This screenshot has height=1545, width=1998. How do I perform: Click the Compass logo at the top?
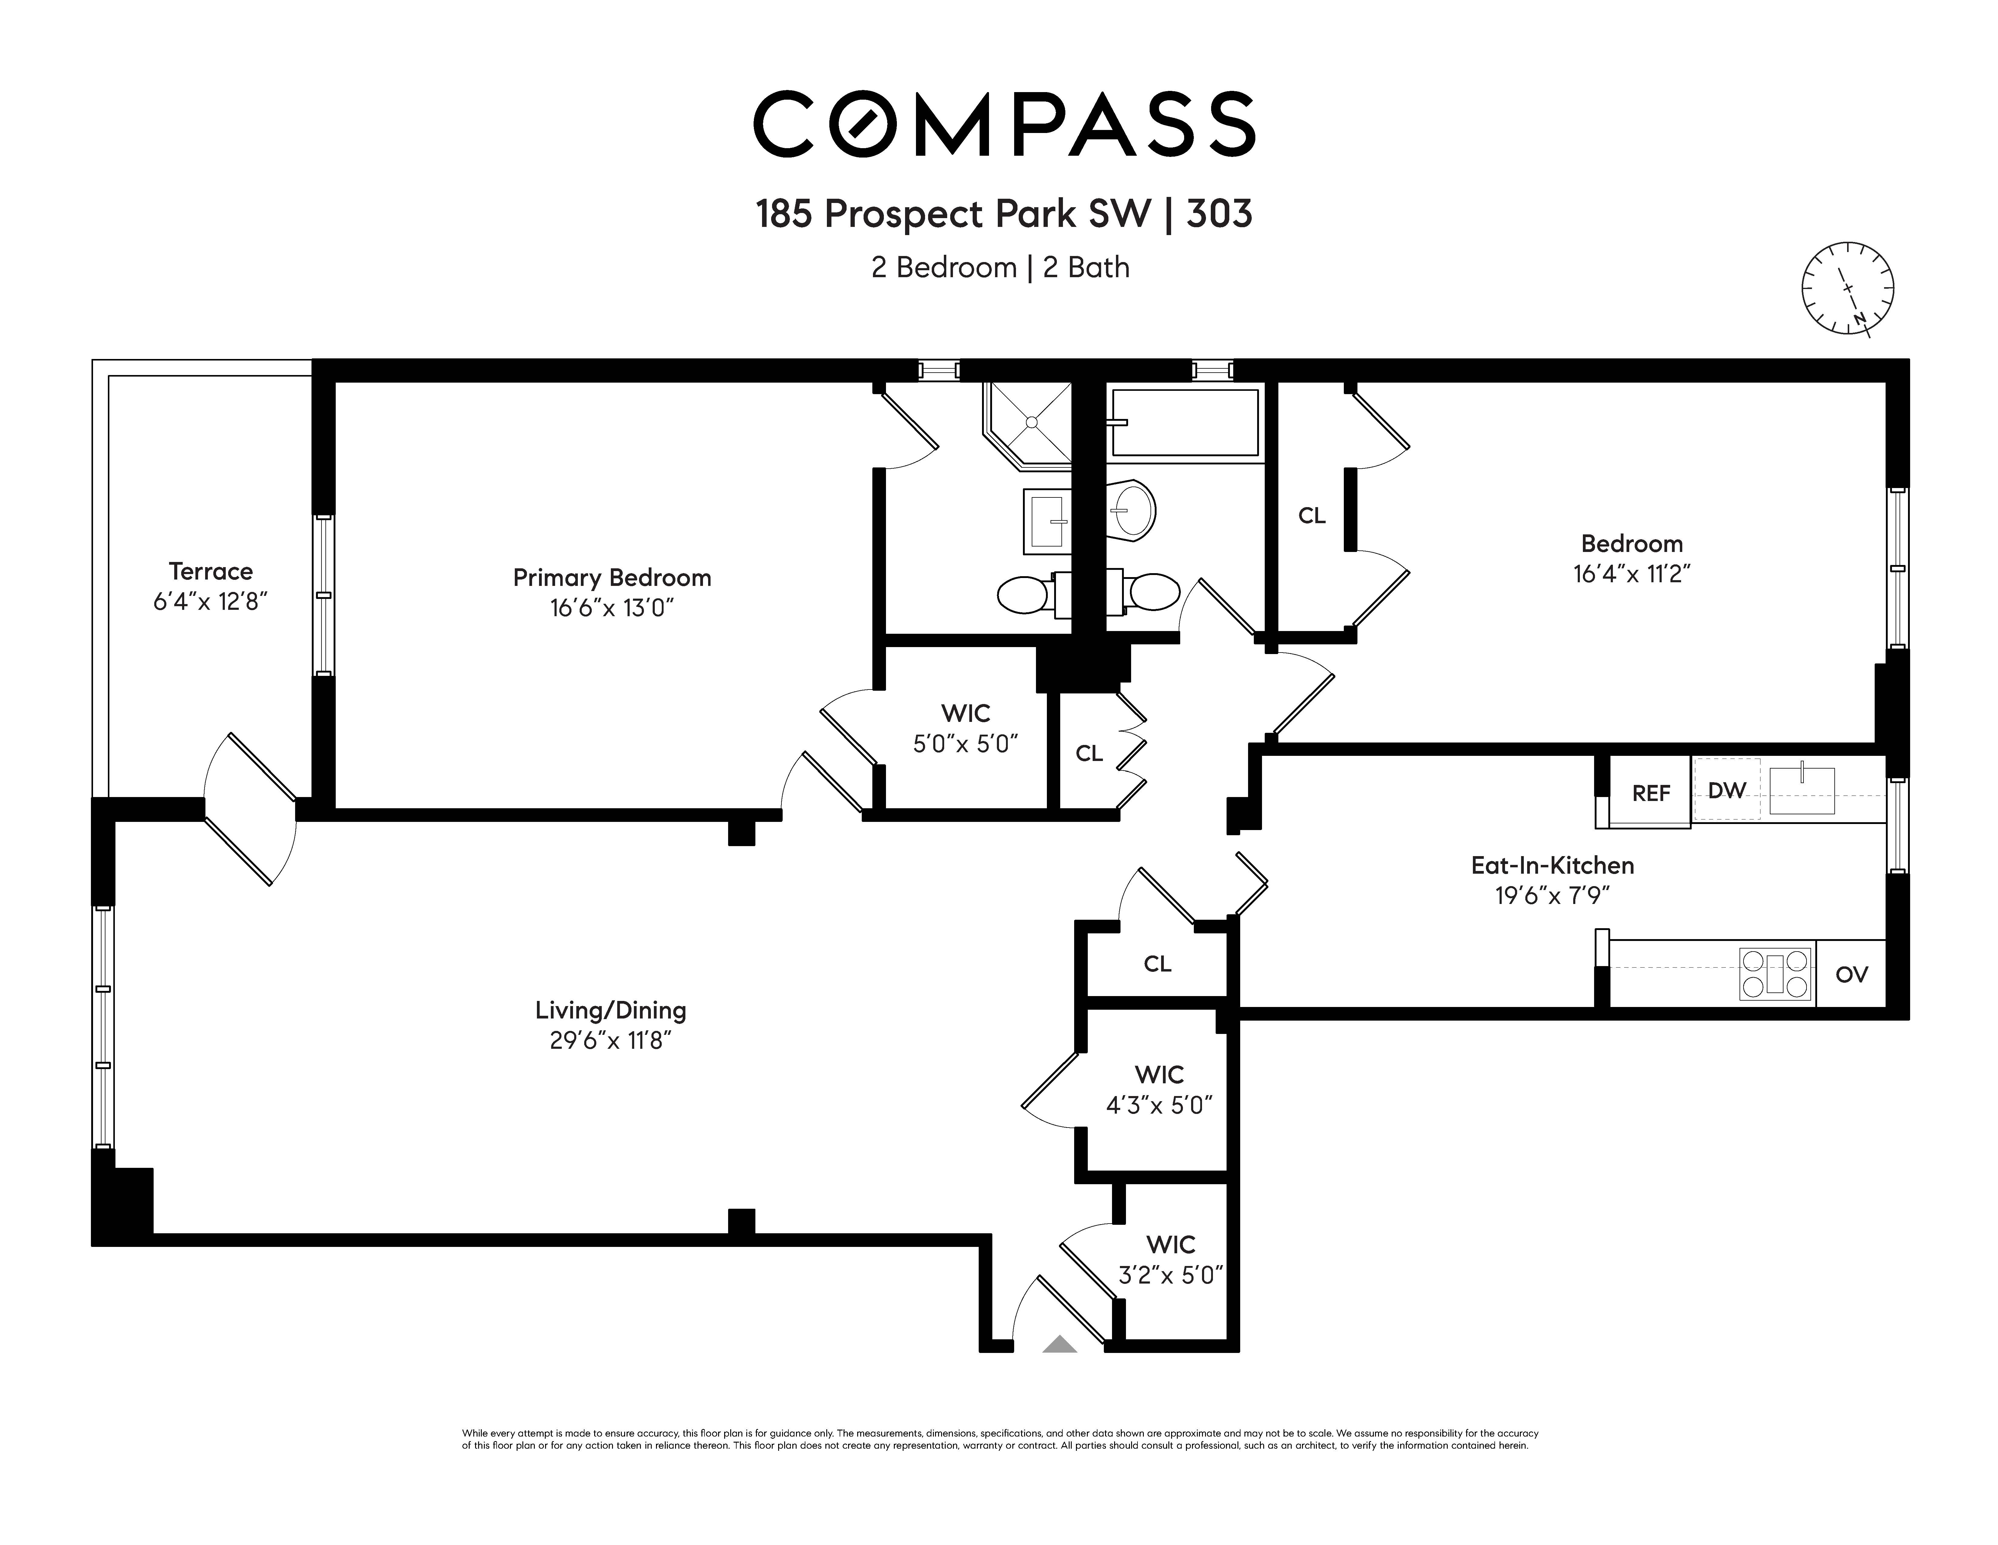(x=1004, y=124)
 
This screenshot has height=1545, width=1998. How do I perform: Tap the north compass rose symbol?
(x=1847, y=288)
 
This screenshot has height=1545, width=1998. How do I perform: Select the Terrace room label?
(x=210, y=572)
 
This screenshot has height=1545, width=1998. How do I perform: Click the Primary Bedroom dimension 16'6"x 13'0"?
(x=612, y=607)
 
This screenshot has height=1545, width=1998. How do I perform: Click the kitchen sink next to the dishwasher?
(x=1801, y=789)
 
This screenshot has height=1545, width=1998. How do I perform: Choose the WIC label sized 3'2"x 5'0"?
(x=1171, y=1260)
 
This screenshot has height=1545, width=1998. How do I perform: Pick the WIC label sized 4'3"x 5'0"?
(x=1159, y=1089)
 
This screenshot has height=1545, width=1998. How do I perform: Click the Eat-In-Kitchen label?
(x=1553, y=865)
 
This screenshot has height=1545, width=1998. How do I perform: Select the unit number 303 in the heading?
(x=1220, y=214)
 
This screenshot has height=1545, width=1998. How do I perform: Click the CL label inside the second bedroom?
(x=1312, y=516)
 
